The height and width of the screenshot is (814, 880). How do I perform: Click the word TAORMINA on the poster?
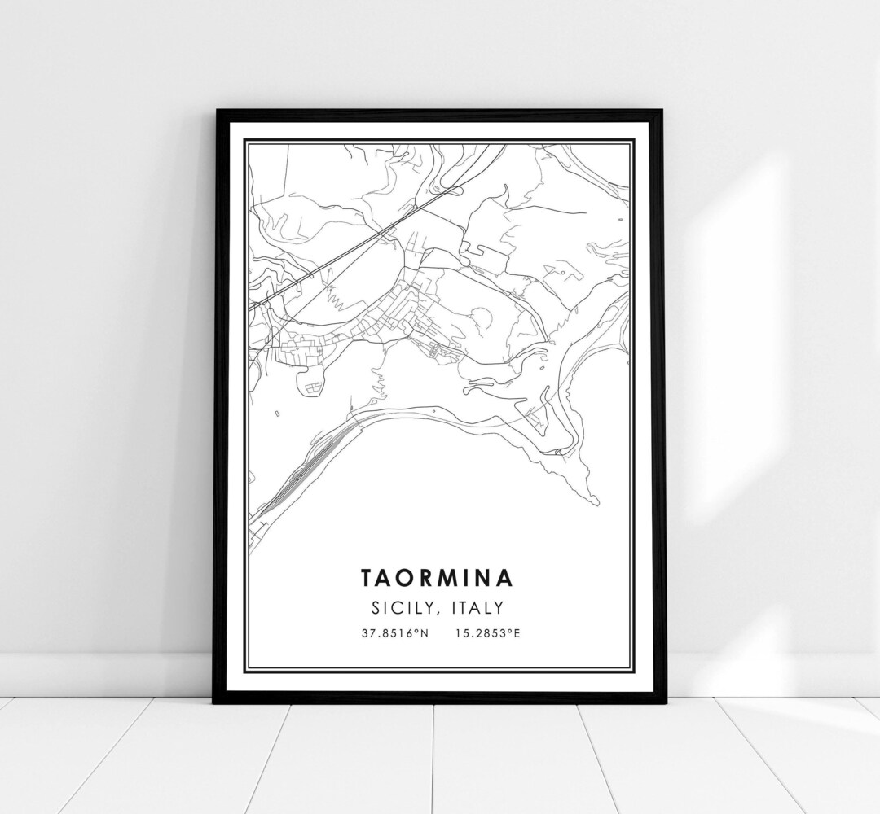coord(437,578)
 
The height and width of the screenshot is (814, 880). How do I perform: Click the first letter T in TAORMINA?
coord(367,578)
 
